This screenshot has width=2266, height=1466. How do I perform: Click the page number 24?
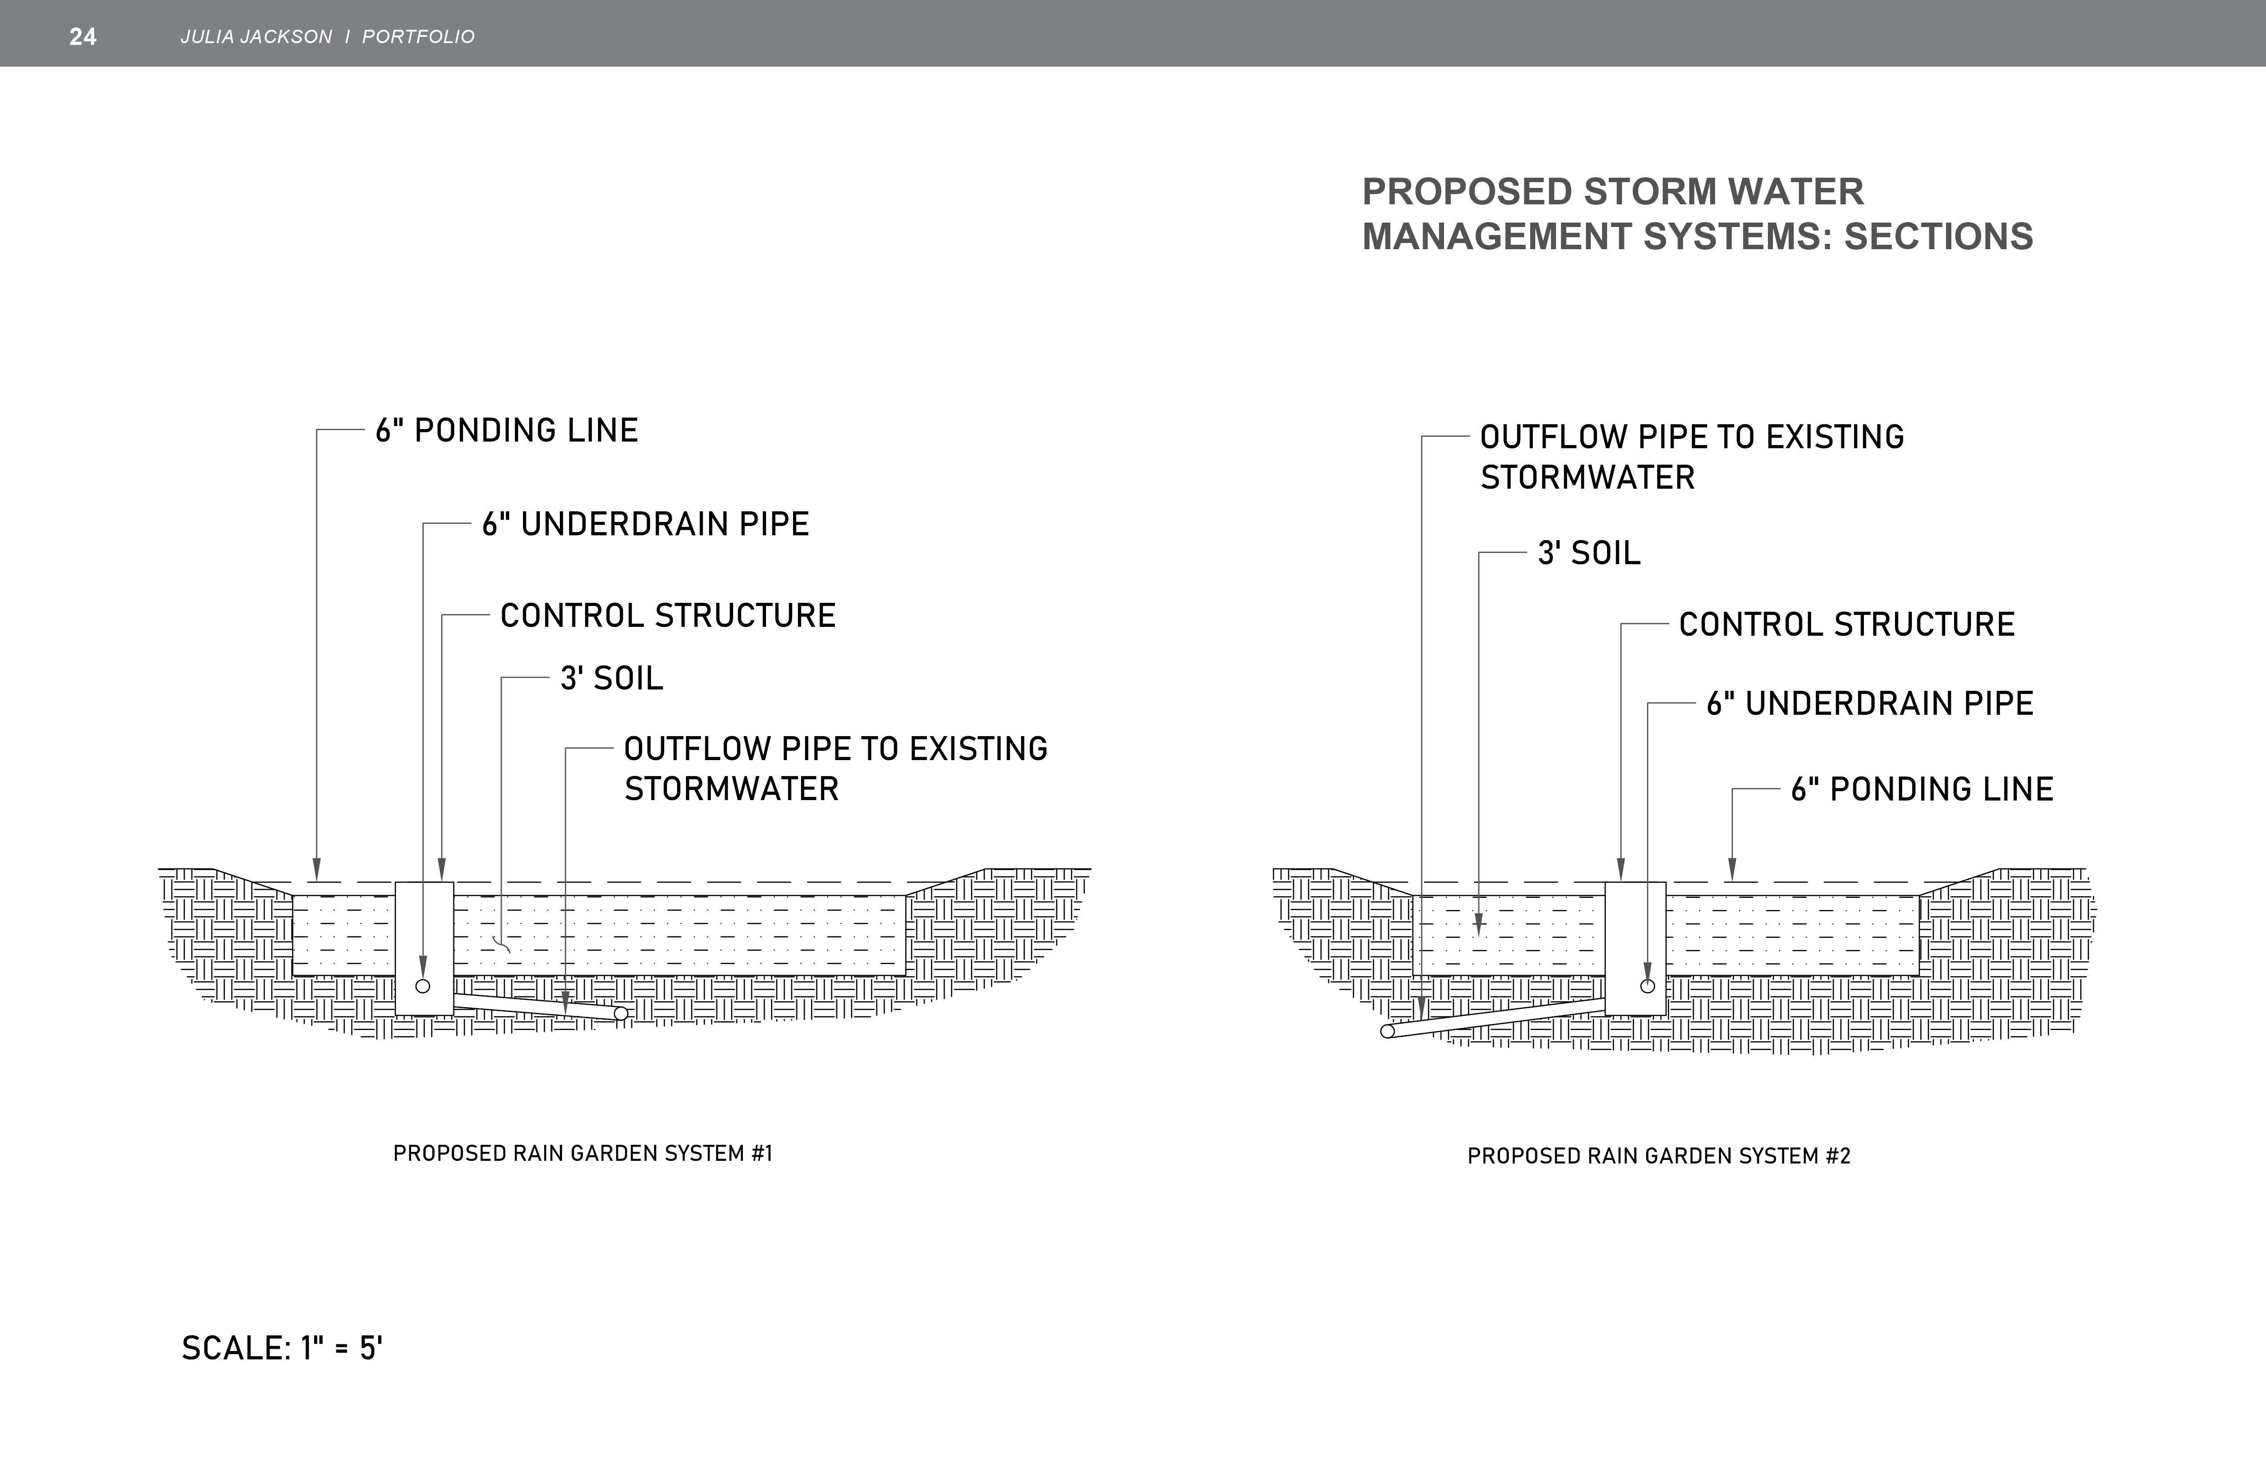tap(83, 36)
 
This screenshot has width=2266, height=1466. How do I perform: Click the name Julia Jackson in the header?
tap(256, 36)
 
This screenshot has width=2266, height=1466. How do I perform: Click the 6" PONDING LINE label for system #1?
tap(507, 430)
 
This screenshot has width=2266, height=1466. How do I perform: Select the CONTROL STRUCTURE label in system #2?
tap(1846, 625)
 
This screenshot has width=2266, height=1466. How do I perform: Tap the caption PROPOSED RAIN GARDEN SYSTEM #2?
tap(1659, 1155)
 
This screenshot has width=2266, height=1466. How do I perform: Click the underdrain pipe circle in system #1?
tap(423, 986)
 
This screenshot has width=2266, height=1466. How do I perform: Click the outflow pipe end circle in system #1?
tap(621, 1014)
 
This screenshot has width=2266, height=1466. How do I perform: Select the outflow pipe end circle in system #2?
tap(1387, 1031)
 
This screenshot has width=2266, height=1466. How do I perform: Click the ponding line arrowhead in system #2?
tap(1732, 869)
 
